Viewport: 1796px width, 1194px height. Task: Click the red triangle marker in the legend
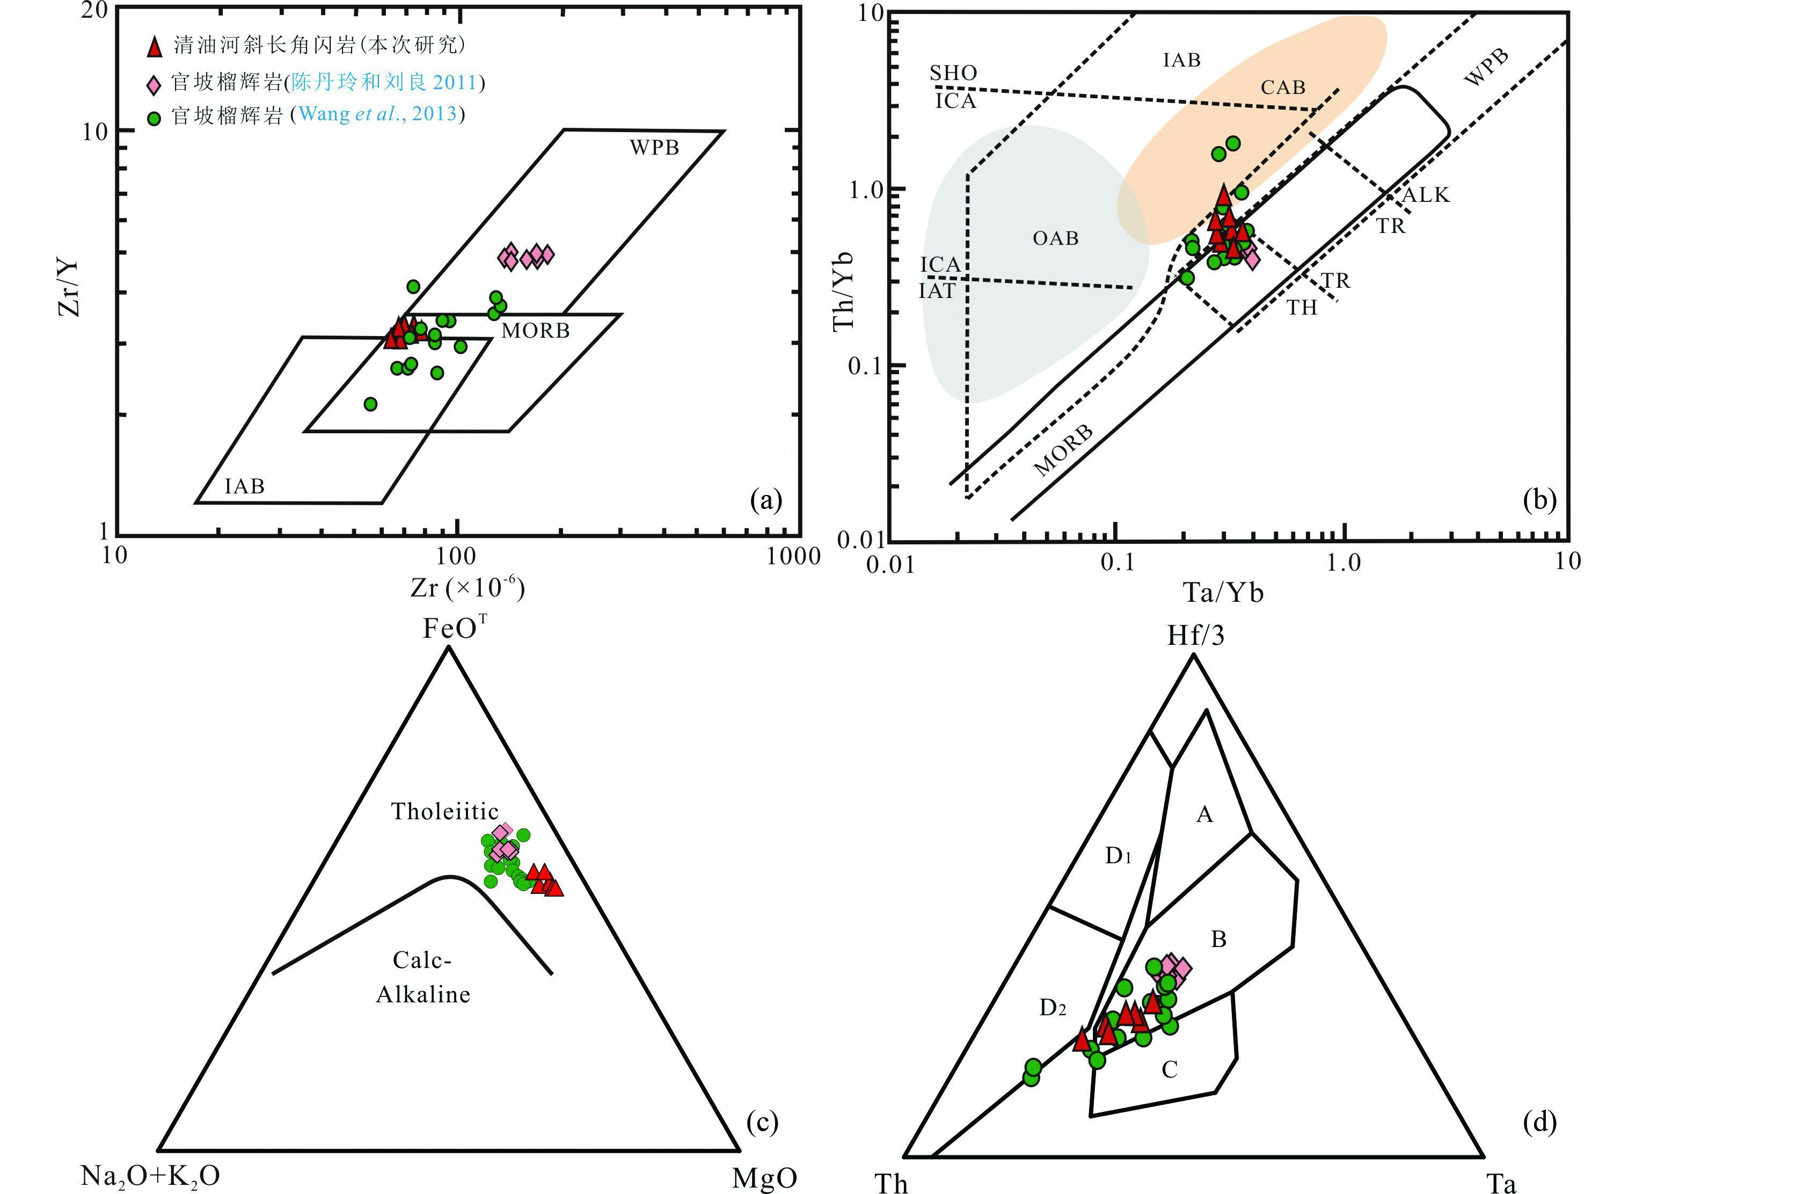tap(155, 47)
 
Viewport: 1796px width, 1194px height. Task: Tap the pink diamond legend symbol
tap(155, 83)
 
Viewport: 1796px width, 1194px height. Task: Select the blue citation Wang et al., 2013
tap(378, 115)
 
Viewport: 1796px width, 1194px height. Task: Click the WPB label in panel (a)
tap(654, 148)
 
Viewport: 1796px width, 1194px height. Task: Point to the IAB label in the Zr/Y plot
tap(244, 486)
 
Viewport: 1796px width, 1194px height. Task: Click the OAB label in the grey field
tap(1055, 239)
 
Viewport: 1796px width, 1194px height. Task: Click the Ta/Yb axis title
tap(1223, 592)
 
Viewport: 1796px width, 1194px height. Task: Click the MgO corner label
tap(764, 1178)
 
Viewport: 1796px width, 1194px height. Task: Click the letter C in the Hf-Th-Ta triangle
tap(1170, 1070)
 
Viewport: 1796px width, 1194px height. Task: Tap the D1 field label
tap(1118, 857)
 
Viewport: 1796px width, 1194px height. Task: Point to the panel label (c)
tap(763, 1122)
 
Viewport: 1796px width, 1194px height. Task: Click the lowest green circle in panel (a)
tap(370, 404)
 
